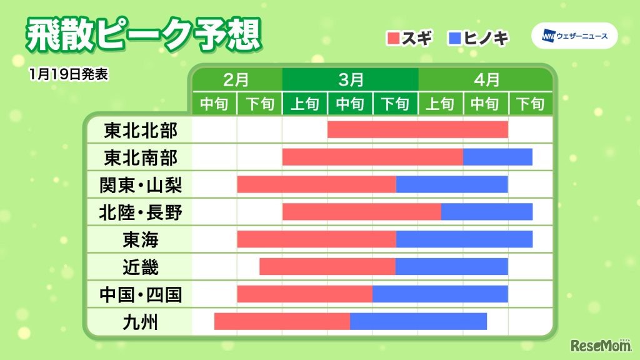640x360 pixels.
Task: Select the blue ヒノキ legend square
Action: coord(454,37)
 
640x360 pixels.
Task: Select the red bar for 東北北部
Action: coord(417,130)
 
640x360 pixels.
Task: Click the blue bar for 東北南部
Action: coord(497,157)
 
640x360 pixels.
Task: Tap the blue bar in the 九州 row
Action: coord(418,321)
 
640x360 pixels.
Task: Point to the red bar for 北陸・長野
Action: coord(361,212)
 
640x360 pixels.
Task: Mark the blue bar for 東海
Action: coord(464,239)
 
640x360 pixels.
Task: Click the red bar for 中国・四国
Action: coord(304,294)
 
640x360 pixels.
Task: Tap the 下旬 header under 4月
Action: coord(531,104)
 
